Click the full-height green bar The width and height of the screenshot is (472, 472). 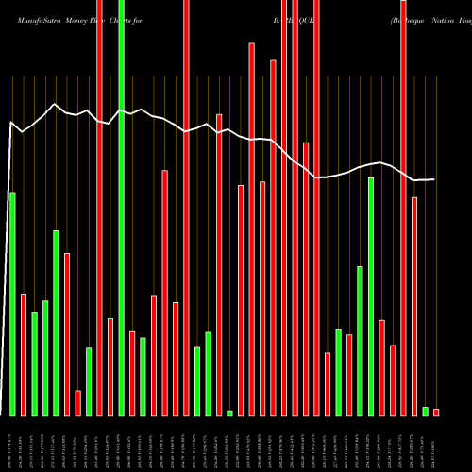click(122, 208)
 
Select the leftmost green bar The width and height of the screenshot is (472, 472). click(12, 304)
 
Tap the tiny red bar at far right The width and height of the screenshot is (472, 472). click(436, 413)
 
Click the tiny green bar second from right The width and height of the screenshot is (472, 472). click(425, 412)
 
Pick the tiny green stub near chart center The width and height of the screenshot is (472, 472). click(229, 413)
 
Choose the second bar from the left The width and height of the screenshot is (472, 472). click(24, 355)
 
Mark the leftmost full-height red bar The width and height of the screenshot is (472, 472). click(99, 208)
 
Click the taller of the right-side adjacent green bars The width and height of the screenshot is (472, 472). click(371, 296)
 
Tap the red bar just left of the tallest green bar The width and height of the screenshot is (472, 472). click(110, 367)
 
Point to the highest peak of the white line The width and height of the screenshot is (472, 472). click(55, 104)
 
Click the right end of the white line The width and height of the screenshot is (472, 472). click(435, 179)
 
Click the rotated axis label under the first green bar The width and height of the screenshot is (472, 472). click(12, 443)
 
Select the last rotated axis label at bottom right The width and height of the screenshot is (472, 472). click(436, 443)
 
